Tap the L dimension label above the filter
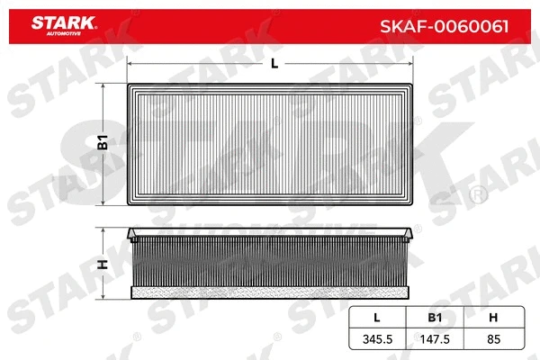273,64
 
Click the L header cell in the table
376,318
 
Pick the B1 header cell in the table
433,318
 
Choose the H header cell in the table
490,318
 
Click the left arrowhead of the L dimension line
131,65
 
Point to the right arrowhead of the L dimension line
412,65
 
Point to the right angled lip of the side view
410,236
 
